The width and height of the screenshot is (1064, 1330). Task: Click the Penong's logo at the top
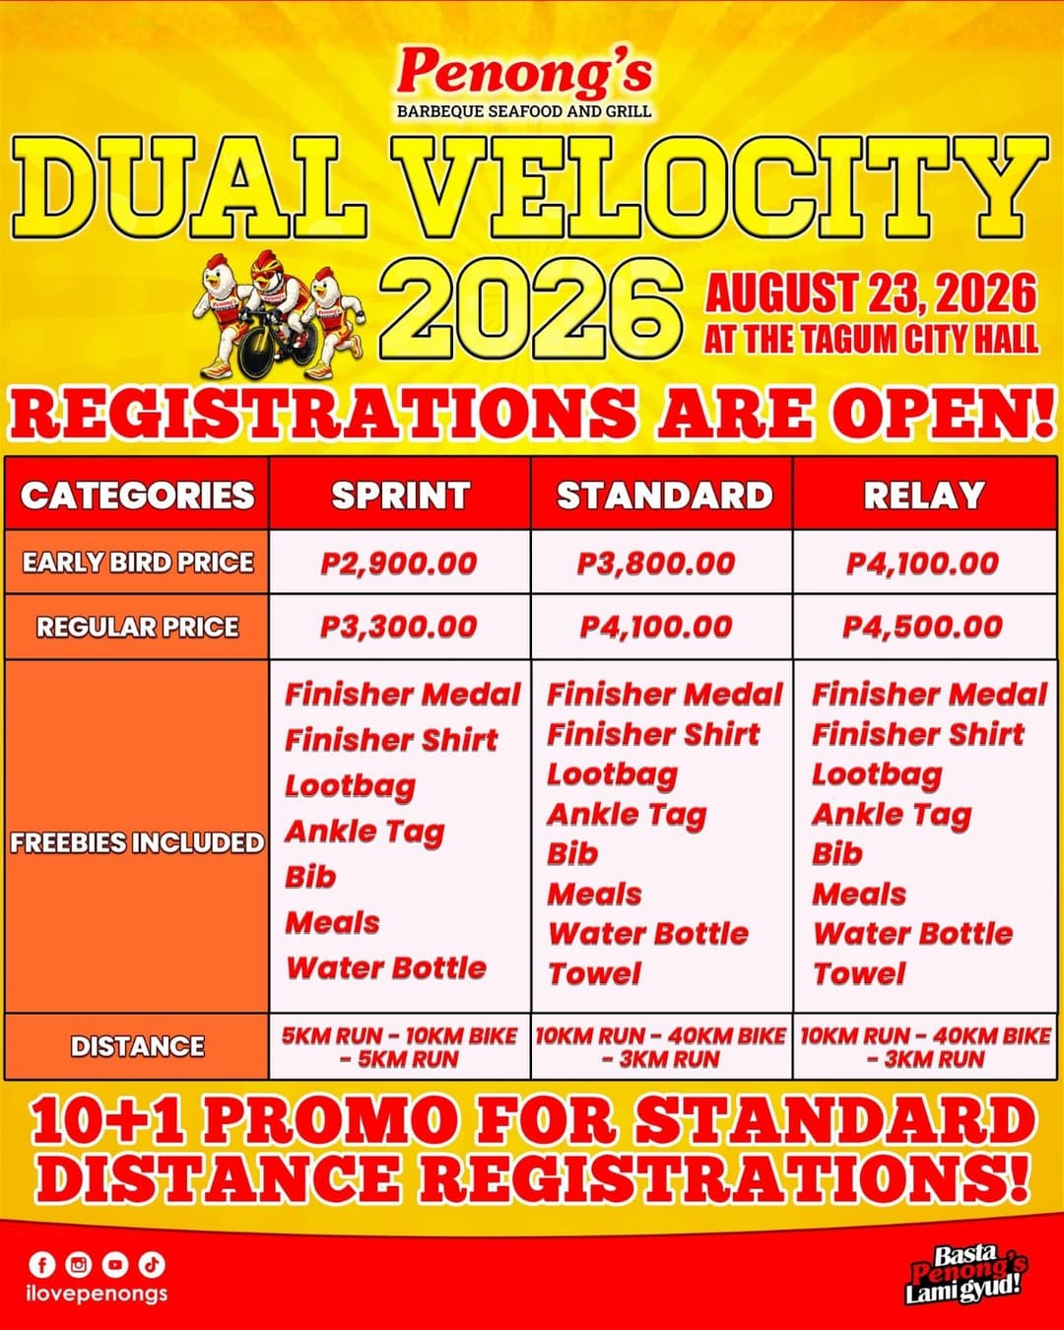[x=524, y=81]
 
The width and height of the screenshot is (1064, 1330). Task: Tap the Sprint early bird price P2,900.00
[x=399, y=564]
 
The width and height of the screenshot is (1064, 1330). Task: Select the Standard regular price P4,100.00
[x=656, y=627]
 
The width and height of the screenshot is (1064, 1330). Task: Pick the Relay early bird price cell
[x=923, y=564]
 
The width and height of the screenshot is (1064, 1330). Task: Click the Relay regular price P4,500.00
[x=923, y=627]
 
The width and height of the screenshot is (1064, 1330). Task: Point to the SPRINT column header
[x=400, y=495]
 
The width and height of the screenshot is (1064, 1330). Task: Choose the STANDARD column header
[x=664, y=495]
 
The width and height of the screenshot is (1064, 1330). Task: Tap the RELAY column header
[x=924, y=495]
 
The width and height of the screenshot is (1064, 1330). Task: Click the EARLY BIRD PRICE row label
[x=138, y=563]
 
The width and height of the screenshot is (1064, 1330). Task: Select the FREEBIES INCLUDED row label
[x=137, y=842]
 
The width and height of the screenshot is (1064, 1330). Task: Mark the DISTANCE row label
[x=138, y=1046]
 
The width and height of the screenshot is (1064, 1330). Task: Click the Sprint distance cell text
[x=399, y=1047]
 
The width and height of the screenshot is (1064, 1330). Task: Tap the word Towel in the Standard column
[x=594, y=973]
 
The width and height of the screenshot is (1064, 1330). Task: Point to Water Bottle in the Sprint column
[x=386, y=967]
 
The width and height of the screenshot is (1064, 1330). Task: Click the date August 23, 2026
[x=871, y=294]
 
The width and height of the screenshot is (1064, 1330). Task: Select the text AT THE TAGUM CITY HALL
[x=871, y=340]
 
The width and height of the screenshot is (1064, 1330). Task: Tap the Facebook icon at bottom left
[x=42, y=1264]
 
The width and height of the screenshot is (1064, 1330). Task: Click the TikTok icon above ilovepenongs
[x=152, y=1264]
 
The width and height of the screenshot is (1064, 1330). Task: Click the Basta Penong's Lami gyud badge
[x=964, y=1274]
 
